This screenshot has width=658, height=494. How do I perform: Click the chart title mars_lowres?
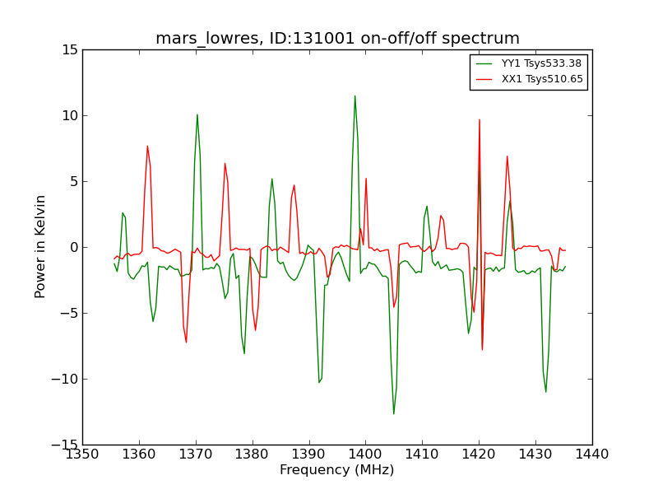click(337, 39)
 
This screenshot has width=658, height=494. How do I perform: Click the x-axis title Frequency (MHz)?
click(337, 470)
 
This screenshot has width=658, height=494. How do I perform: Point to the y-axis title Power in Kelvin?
click(41, 246)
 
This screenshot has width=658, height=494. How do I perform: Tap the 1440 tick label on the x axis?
click(591, 454)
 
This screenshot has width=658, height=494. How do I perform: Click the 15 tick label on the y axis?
click(69, 50)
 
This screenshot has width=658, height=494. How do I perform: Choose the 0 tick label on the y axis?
click(73, 247)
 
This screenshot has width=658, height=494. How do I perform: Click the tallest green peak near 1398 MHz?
click(354, 96)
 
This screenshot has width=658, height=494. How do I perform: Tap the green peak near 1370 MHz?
click(197, 114)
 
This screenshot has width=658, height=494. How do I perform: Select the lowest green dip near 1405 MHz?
click(393, 413)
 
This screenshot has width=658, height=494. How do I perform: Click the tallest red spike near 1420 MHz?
click(480, 119)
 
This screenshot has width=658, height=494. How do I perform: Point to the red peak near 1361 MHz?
click(147, 146)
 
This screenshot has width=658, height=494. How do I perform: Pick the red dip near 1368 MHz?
click(186, 342)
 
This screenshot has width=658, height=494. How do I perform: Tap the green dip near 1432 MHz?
click(545, 391)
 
